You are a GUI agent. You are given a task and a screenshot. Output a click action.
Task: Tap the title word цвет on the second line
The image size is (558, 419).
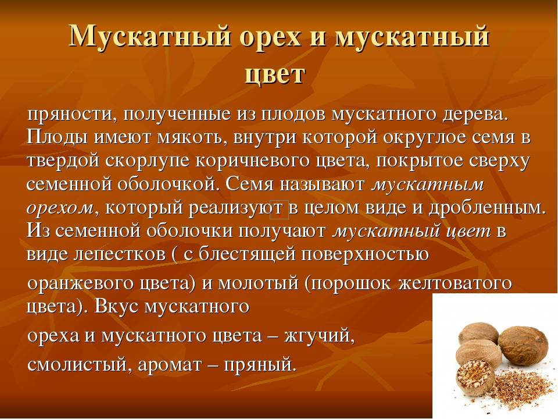275,74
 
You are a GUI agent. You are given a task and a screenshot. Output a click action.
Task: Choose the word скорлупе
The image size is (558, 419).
148,161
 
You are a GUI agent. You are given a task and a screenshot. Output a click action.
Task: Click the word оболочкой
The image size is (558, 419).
167,184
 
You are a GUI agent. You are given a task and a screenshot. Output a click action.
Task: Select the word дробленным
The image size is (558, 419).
487,208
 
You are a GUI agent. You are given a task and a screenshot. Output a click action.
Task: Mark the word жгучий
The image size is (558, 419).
319,336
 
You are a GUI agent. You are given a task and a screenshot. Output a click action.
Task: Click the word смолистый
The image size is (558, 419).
77,365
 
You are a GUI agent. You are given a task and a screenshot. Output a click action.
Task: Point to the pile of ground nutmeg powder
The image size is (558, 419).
524,386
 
